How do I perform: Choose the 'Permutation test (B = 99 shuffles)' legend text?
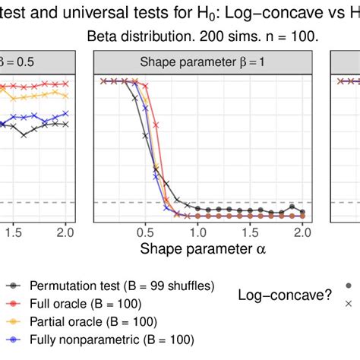122,286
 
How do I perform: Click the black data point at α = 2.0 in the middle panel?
303,212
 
